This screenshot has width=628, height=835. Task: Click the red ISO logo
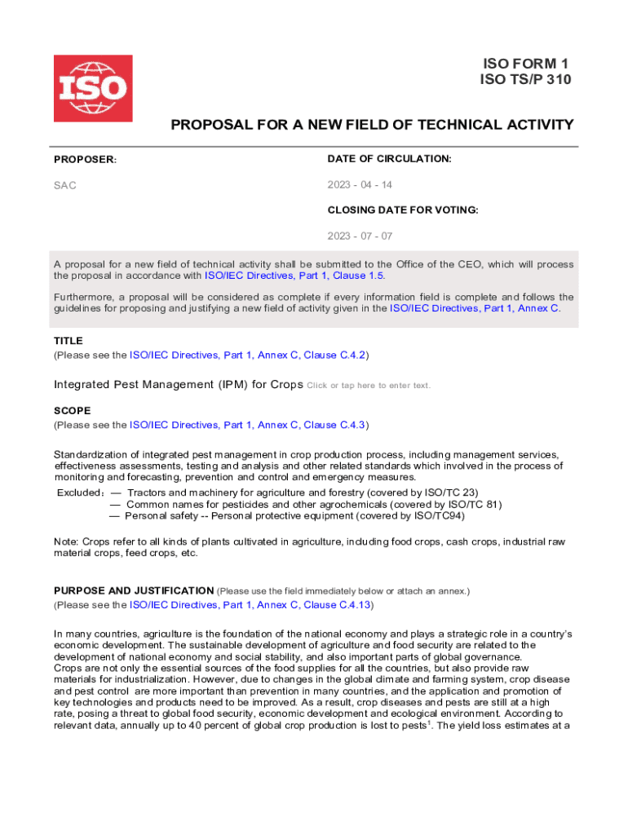pyautogui.click(x=93, y=88)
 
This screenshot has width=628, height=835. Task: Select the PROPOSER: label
pyautogui.click(x=86, y=159)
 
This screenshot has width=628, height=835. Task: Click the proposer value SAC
pyautogui.click(x=65, y=185)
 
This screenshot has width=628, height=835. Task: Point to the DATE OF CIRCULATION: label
pyautogui.click(x=390, y=158)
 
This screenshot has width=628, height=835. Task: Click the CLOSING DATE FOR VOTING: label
pyautogui.click(x=403, y=210)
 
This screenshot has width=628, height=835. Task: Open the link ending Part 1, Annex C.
pyautogui.click(x=475, y=308)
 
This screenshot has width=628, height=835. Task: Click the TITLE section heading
pyautogui.click(x=69, y=341)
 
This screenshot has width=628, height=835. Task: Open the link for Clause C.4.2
pyautogui.click(x=249, y=356)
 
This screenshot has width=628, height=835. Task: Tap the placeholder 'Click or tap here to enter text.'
pyautogui.click(x=369, y=386)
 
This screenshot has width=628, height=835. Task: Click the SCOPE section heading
pyautogui.click(x=73, y=410)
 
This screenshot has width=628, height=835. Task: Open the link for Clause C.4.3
pyautogui.click(x=249, y=425)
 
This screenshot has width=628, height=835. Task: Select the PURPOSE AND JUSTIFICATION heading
pyautogui.click(x=134, y=590)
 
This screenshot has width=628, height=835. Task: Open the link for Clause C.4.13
pyautogui.click(x=252, y=605)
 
